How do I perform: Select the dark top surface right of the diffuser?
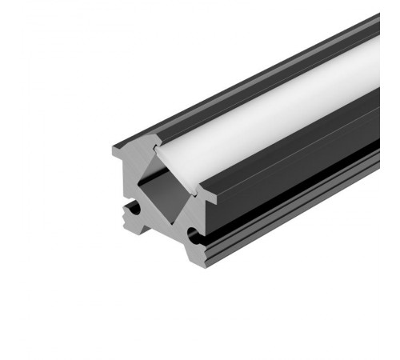click(x=320, y=120)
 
